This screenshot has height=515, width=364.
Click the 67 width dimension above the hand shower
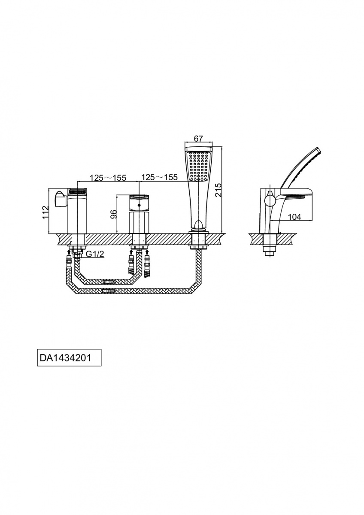(198, 139)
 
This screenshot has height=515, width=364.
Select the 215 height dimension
(218, 190)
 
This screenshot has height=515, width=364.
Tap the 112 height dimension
(45, 212)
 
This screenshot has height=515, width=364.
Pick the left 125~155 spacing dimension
(108, 178)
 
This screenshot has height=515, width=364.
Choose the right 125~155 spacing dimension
(159, 177)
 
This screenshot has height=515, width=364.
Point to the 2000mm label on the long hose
(108, 291)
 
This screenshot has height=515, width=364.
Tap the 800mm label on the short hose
(108, 282)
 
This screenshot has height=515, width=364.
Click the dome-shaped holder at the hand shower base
(198, 224)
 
